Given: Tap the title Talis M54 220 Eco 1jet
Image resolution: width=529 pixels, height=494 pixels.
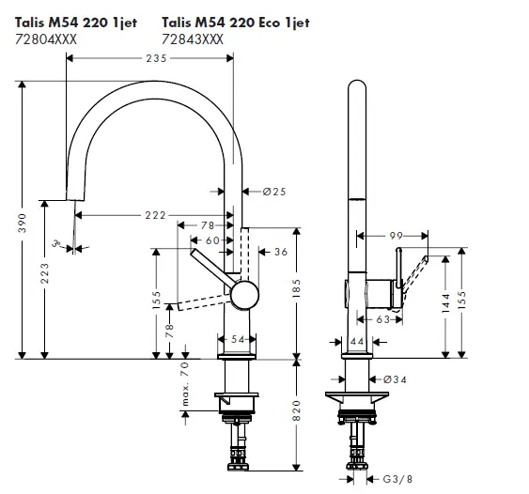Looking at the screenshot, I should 234,22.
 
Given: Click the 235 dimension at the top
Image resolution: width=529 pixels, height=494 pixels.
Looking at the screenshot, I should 156,58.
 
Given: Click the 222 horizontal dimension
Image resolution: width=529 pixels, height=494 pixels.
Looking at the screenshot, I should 156,216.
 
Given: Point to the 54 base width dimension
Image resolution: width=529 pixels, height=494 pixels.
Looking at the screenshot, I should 238,338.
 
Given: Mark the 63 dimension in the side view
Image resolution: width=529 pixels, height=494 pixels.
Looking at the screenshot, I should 383,319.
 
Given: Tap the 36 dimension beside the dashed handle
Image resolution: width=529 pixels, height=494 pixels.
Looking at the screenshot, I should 281,251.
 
